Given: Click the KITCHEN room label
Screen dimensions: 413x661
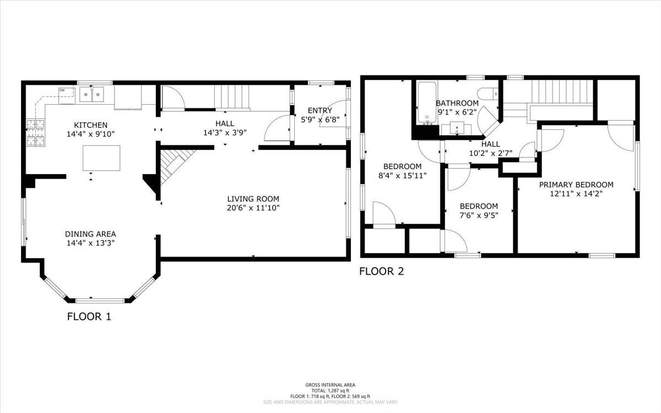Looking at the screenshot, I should pyautogui.click(x=91, y=125).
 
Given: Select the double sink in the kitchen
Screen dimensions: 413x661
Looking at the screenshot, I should pyautogui.click(x=92, y=95).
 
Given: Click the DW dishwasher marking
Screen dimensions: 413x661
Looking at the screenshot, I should pyautogui.click(x=62, y=90).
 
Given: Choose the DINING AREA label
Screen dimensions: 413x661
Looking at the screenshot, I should pyautogui.click(x=90, y=233).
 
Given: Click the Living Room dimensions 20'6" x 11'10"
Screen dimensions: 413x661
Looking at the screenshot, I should pyautogui.click(x=253, y=208).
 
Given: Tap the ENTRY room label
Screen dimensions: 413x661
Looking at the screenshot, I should pyautogui.click(x=319, y=111).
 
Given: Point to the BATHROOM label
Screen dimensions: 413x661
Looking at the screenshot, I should pyautogui.click(x=457, y=103).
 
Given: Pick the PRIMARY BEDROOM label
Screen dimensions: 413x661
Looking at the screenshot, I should pyautogui.click(x=576, y=184).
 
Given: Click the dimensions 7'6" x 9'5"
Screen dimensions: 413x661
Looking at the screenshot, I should pyautogui.click(x=479, y=215).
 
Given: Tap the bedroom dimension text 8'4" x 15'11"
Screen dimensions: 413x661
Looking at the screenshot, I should pyautogui.click(x=402, y=176).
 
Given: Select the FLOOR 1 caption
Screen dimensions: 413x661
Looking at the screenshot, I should pyautogui.click(x=89, y=317).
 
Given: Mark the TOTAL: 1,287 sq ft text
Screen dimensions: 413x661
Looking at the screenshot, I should pyautogui.click(x=330, y=390).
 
